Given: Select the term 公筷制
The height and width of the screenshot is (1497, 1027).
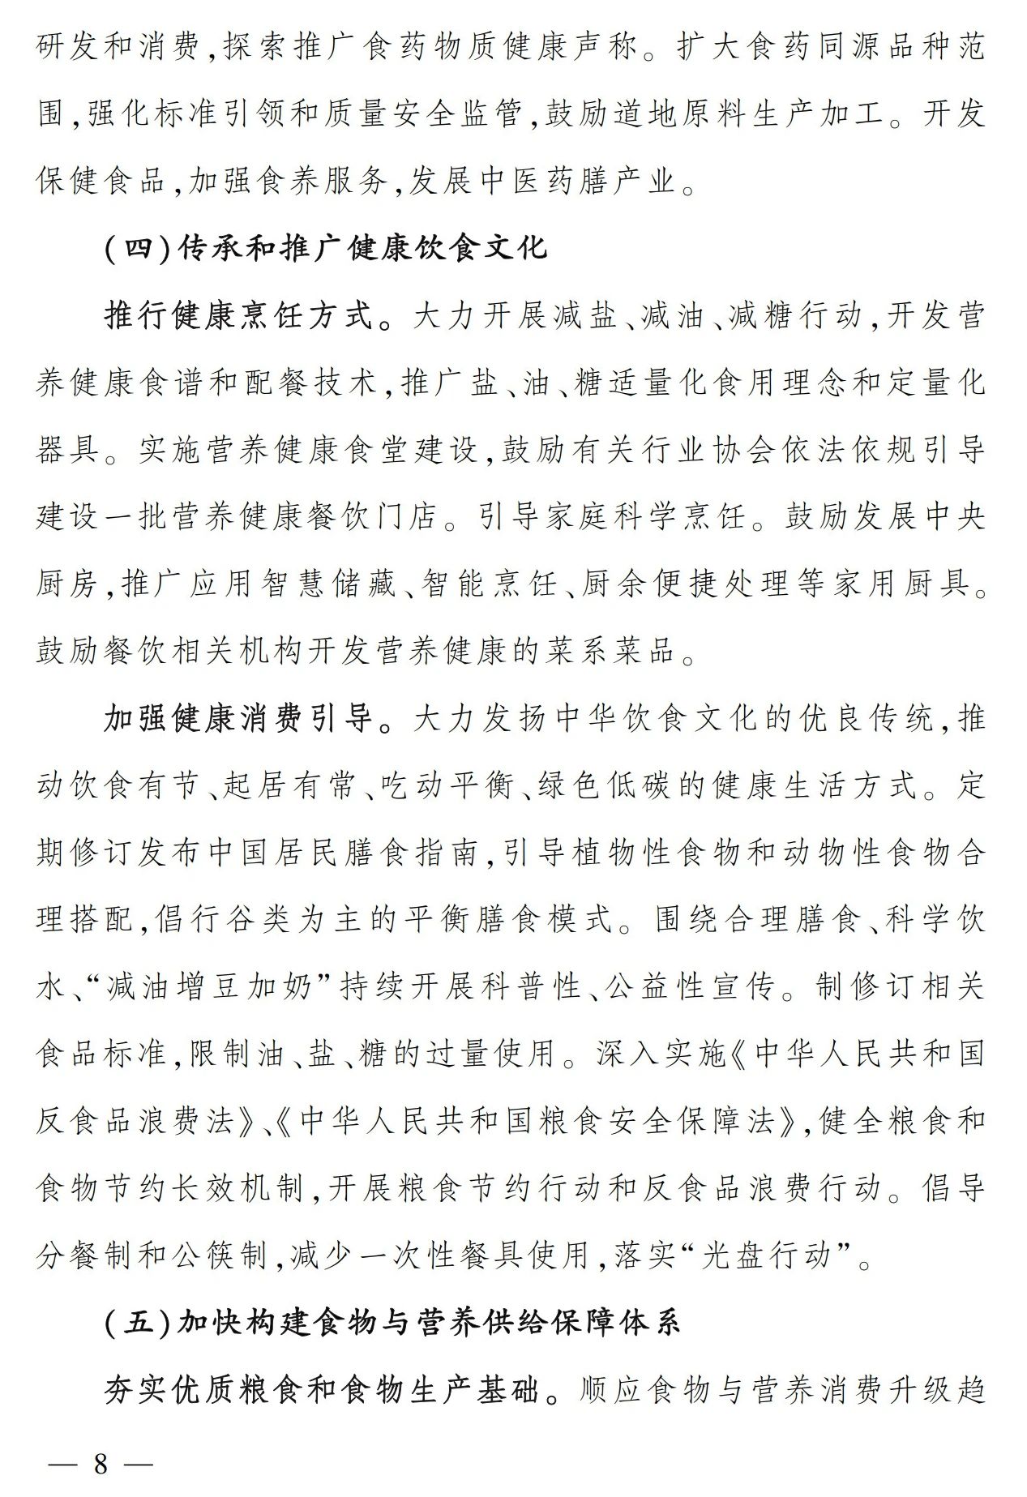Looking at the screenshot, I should pos(224,1255).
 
